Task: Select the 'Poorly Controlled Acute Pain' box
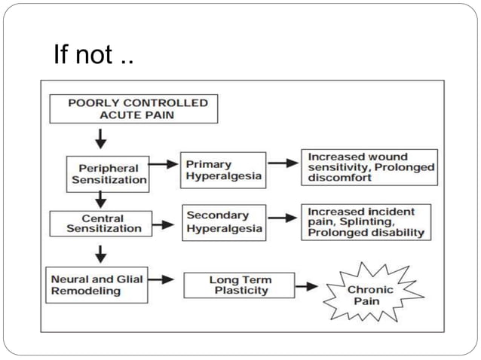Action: click(133, 108)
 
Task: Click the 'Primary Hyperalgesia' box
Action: click(223, 170)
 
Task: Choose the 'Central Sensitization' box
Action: click(98, 223)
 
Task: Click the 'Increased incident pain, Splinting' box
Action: click(368, 222)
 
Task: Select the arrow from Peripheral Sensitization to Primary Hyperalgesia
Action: click(164, 163)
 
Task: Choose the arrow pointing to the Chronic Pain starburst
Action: click(306, 287)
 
